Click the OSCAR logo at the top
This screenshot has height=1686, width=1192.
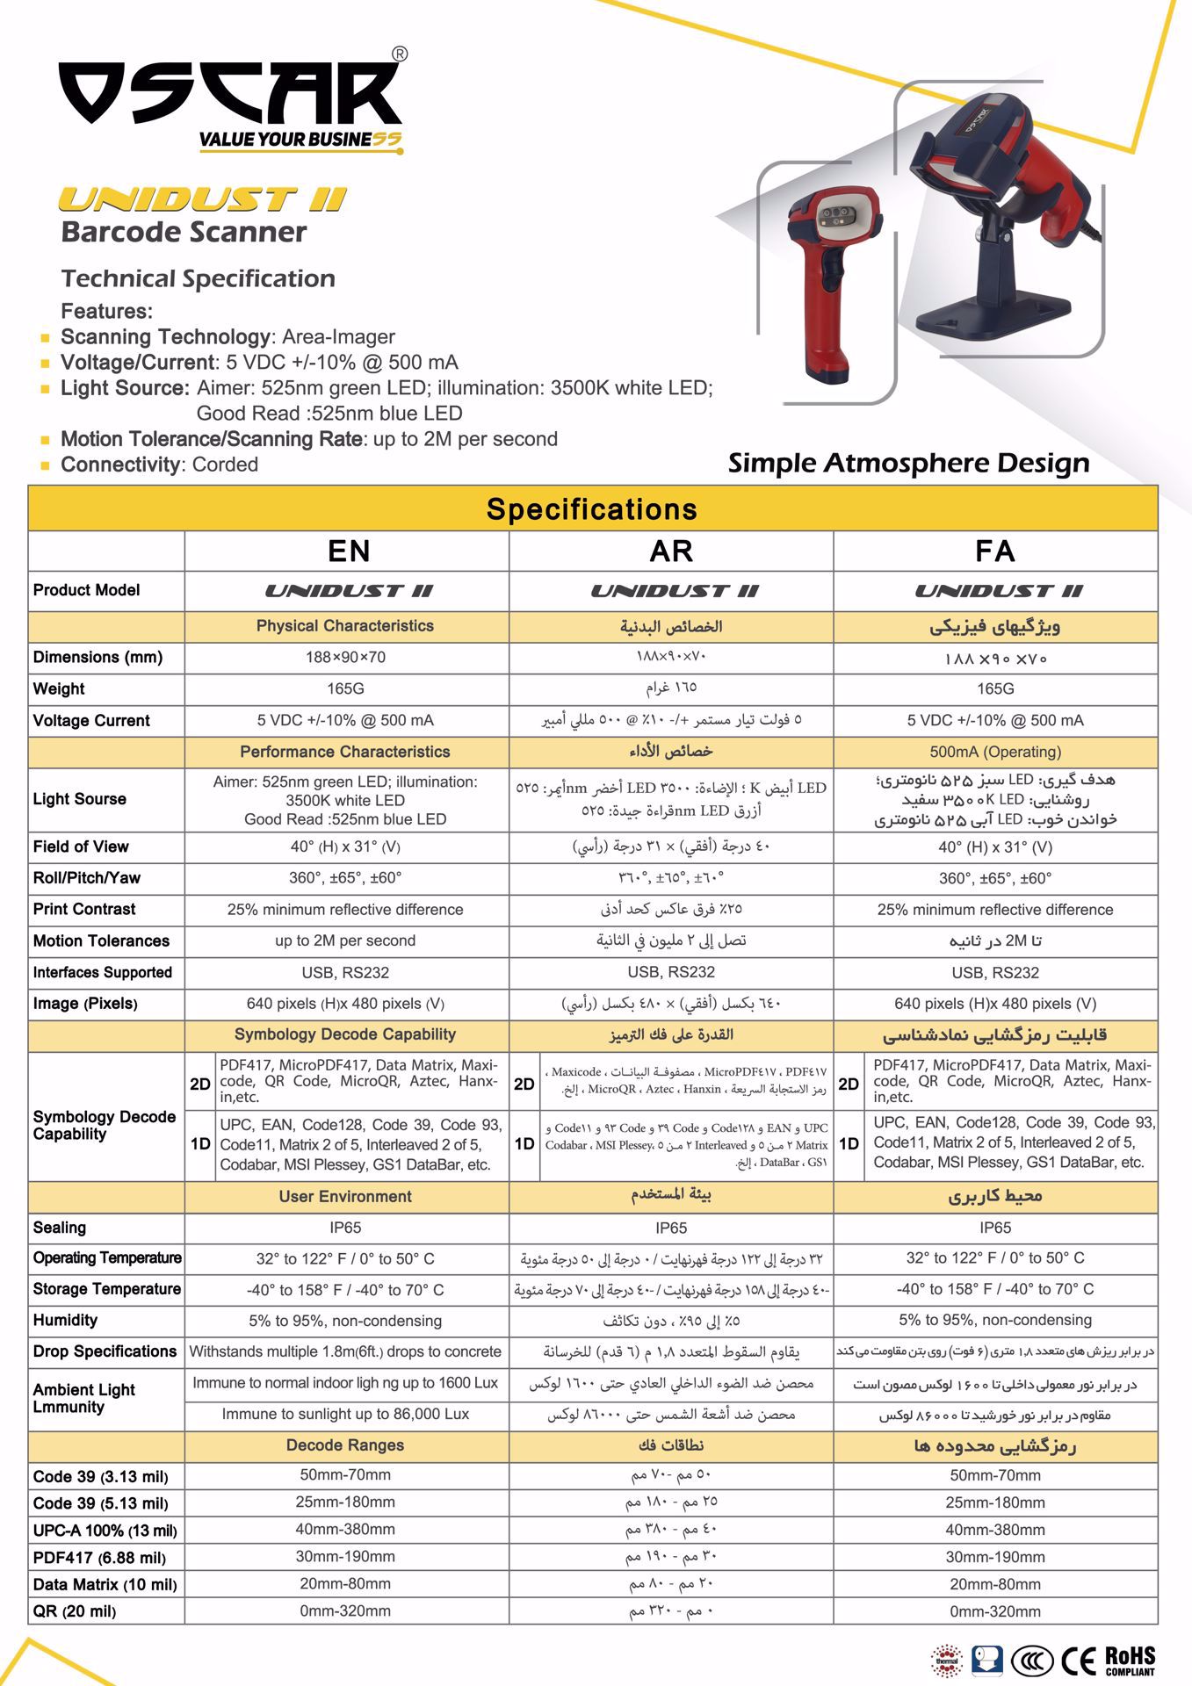231,94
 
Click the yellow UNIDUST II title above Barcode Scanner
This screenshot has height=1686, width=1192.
203,199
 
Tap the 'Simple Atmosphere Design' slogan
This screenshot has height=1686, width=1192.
908,463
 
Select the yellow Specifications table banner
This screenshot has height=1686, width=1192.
592,509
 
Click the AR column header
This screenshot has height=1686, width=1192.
671,551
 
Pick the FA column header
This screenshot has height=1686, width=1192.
994,551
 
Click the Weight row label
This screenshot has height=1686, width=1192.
59,688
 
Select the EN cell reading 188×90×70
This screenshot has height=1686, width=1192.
345,657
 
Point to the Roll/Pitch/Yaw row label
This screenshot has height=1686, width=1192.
86,877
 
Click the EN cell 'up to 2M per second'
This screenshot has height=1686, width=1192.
345,940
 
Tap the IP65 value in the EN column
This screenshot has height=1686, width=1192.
345,1228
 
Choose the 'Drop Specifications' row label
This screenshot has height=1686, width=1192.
105,1351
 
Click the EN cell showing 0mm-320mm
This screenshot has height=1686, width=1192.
345,1610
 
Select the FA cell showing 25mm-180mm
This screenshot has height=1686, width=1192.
994,1502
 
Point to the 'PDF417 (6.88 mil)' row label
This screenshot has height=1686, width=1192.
99,1557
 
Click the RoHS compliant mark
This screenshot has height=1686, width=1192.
1130,1661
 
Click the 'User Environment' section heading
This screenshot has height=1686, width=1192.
345,1196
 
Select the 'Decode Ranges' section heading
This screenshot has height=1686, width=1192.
345,1445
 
